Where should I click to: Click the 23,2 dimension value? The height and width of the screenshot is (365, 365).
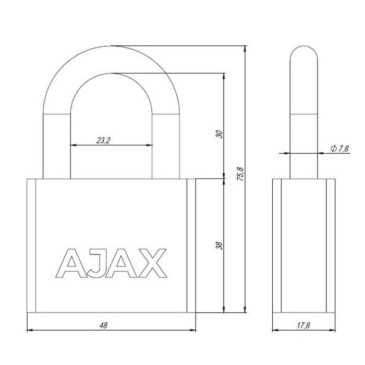point(103,140)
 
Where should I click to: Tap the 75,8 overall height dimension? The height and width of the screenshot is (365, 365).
point(240,174)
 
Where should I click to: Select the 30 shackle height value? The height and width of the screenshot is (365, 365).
point(220,134)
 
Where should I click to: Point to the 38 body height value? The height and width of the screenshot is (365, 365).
point(220,246)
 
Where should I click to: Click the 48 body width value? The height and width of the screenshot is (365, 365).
point(103,325)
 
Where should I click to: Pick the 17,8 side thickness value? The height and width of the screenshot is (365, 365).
point(303,325)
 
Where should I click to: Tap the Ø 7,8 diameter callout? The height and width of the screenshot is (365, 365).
point(339,148)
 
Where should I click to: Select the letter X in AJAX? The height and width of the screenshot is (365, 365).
point(153,263)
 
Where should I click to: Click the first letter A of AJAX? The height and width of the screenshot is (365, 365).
point(71,263)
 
